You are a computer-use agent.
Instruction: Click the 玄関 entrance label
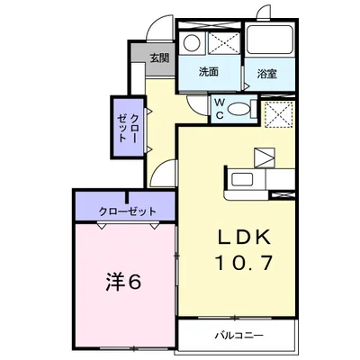click(x=158, y=58)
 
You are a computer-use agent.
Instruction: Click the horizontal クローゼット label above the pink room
click(x=128, y=211)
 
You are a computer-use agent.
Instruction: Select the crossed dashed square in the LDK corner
click(x=277, y=117)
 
